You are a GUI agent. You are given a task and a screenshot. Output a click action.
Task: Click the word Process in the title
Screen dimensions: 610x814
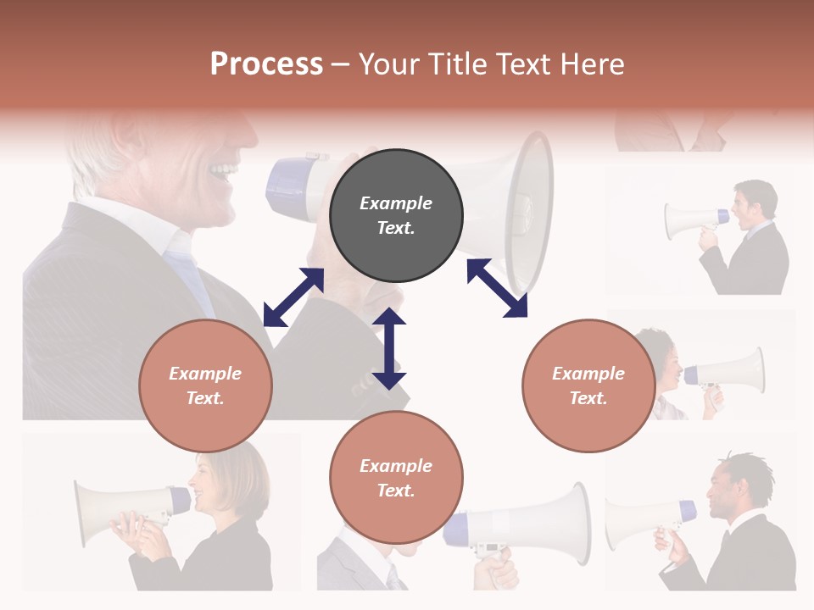coord(266,64)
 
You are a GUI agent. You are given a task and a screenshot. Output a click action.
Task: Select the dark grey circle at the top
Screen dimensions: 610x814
coord(396,215)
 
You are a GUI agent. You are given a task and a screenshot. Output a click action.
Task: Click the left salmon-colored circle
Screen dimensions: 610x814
coord(205,385)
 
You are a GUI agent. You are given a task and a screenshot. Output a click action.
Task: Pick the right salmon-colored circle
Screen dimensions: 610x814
coord(588,385)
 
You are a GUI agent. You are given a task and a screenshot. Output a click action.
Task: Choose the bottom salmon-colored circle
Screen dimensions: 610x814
coord(396,477)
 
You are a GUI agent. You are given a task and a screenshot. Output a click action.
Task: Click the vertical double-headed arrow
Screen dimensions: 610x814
coord(389,348)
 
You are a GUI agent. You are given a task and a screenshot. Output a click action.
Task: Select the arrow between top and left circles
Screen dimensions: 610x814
coord(293,297)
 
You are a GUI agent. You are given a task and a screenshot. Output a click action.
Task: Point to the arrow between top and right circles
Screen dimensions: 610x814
coord(497,288)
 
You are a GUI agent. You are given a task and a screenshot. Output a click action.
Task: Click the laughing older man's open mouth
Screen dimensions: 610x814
coord(223,174)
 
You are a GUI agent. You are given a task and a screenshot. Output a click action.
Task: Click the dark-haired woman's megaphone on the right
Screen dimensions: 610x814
coord(725,373)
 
